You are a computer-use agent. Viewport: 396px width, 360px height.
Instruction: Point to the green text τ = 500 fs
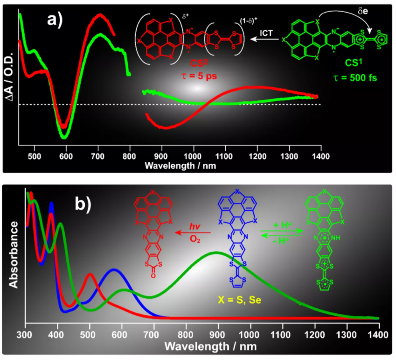[356, 78]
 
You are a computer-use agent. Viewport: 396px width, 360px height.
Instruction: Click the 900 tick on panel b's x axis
[218, 335]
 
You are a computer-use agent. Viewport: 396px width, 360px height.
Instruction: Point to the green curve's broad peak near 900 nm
[215, 253]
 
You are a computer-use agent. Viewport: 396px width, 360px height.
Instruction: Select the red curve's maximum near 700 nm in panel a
[99, 14]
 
